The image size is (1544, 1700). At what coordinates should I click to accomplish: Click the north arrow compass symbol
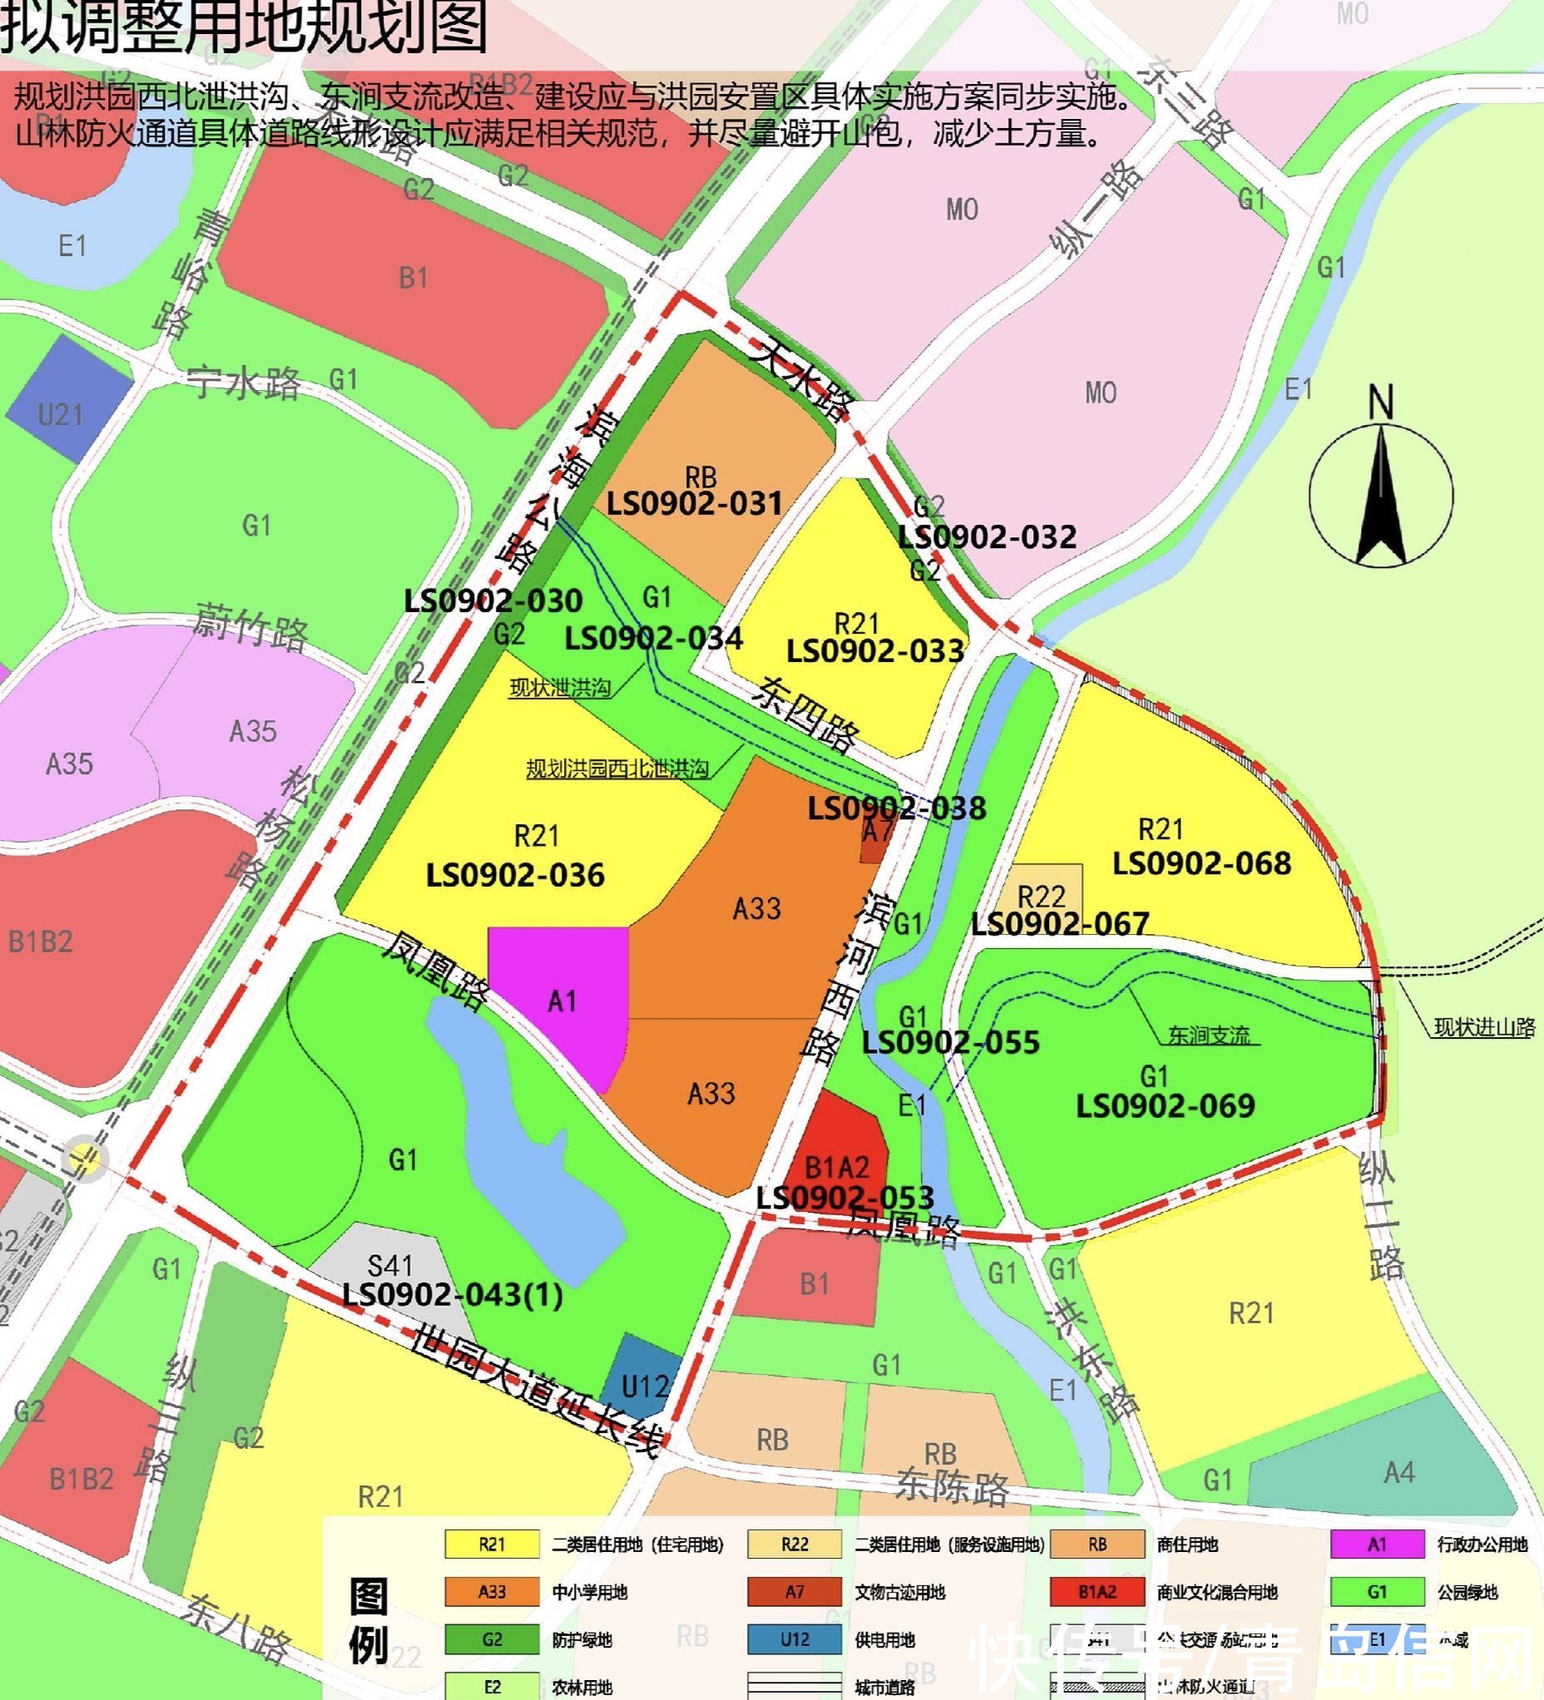tap(1380, 493)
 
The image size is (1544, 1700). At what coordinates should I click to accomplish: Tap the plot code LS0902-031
tap(695, 503)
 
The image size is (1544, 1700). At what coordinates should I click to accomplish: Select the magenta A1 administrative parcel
tap(560, 1001)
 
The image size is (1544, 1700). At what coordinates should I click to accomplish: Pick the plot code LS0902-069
tap(1165, 1105)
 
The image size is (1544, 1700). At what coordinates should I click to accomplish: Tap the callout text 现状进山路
tap(1483, 1027)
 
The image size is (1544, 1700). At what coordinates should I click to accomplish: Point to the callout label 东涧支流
tap(1210, 1035)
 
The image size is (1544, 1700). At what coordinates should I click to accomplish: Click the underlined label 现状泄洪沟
tap(559, 687)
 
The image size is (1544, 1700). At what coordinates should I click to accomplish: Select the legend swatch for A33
tap(492, 1591)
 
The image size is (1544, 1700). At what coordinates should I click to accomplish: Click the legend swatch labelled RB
tap(1097, 1544)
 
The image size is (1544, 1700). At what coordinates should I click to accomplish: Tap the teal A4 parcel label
tap(1399, 1472)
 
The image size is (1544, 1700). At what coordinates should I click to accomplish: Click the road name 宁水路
tap(244, 383)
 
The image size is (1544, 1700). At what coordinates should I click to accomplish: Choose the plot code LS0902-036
tap(515, 874)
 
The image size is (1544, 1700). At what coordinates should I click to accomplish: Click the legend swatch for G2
tap(492, 1639)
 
